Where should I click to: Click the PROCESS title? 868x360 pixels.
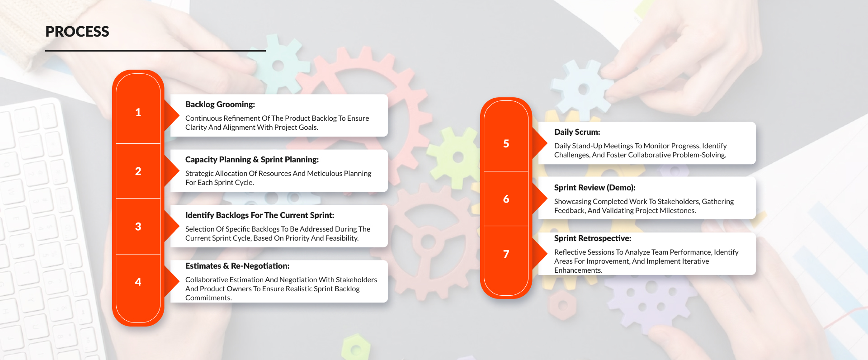[x=77, y=32]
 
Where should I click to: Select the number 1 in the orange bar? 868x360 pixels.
[x=138, y=112]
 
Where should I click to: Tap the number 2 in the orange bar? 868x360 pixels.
[x=138, y=171]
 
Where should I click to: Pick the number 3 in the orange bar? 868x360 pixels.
[x=138, y=227]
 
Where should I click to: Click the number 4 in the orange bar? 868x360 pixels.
[x=138, y=282]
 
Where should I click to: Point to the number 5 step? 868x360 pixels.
[x=506, y=143]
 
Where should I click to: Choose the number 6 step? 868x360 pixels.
[x=506, y=199]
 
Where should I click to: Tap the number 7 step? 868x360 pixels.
[x=506, y=254]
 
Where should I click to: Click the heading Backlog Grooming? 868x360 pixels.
[x=220, y=104]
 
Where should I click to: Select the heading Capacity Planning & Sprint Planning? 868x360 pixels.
[x=252, y=160]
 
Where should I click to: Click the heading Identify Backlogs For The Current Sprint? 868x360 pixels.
[x=259, y=215]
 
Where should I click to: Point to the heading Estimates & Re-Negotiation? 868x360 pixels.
[x=237, y=266]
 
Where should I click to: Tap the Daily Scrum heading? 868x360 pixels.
[x=577, y=132]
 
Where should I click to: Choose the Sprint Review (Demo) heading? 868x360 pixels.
[x=594, y=188]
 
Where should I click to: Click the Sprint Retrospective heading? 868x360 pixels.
[x=592, y=238]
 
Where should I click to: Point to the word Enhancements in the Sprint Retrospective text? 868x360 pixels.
[x=578, y=270]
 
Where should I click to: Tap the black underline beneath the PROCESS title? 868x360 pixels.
[x=155, y=51]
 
